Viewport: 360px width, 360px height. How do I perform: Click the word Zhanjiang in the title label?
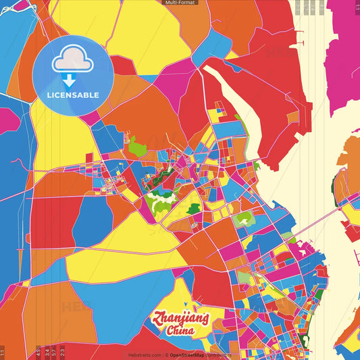click(181, 318)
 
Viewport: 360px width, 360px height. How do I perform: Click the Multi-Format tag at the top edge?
click(180, 3)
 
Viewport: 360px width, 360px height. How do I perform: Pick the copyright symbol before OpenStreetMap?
click(166, 354)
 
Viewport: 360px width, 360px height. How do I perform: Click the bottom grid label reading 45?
click(38, 351)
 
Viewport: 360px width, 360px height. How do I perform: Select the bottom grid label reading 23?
click(62, 351)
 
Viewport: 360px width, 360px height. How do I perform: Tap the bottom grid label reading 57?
click(54, 351)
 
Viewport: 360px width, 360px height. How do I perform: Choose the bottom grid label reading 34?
click(46, 351)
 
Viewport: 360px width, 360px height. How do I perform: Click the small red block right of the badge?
click(122, 66)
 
